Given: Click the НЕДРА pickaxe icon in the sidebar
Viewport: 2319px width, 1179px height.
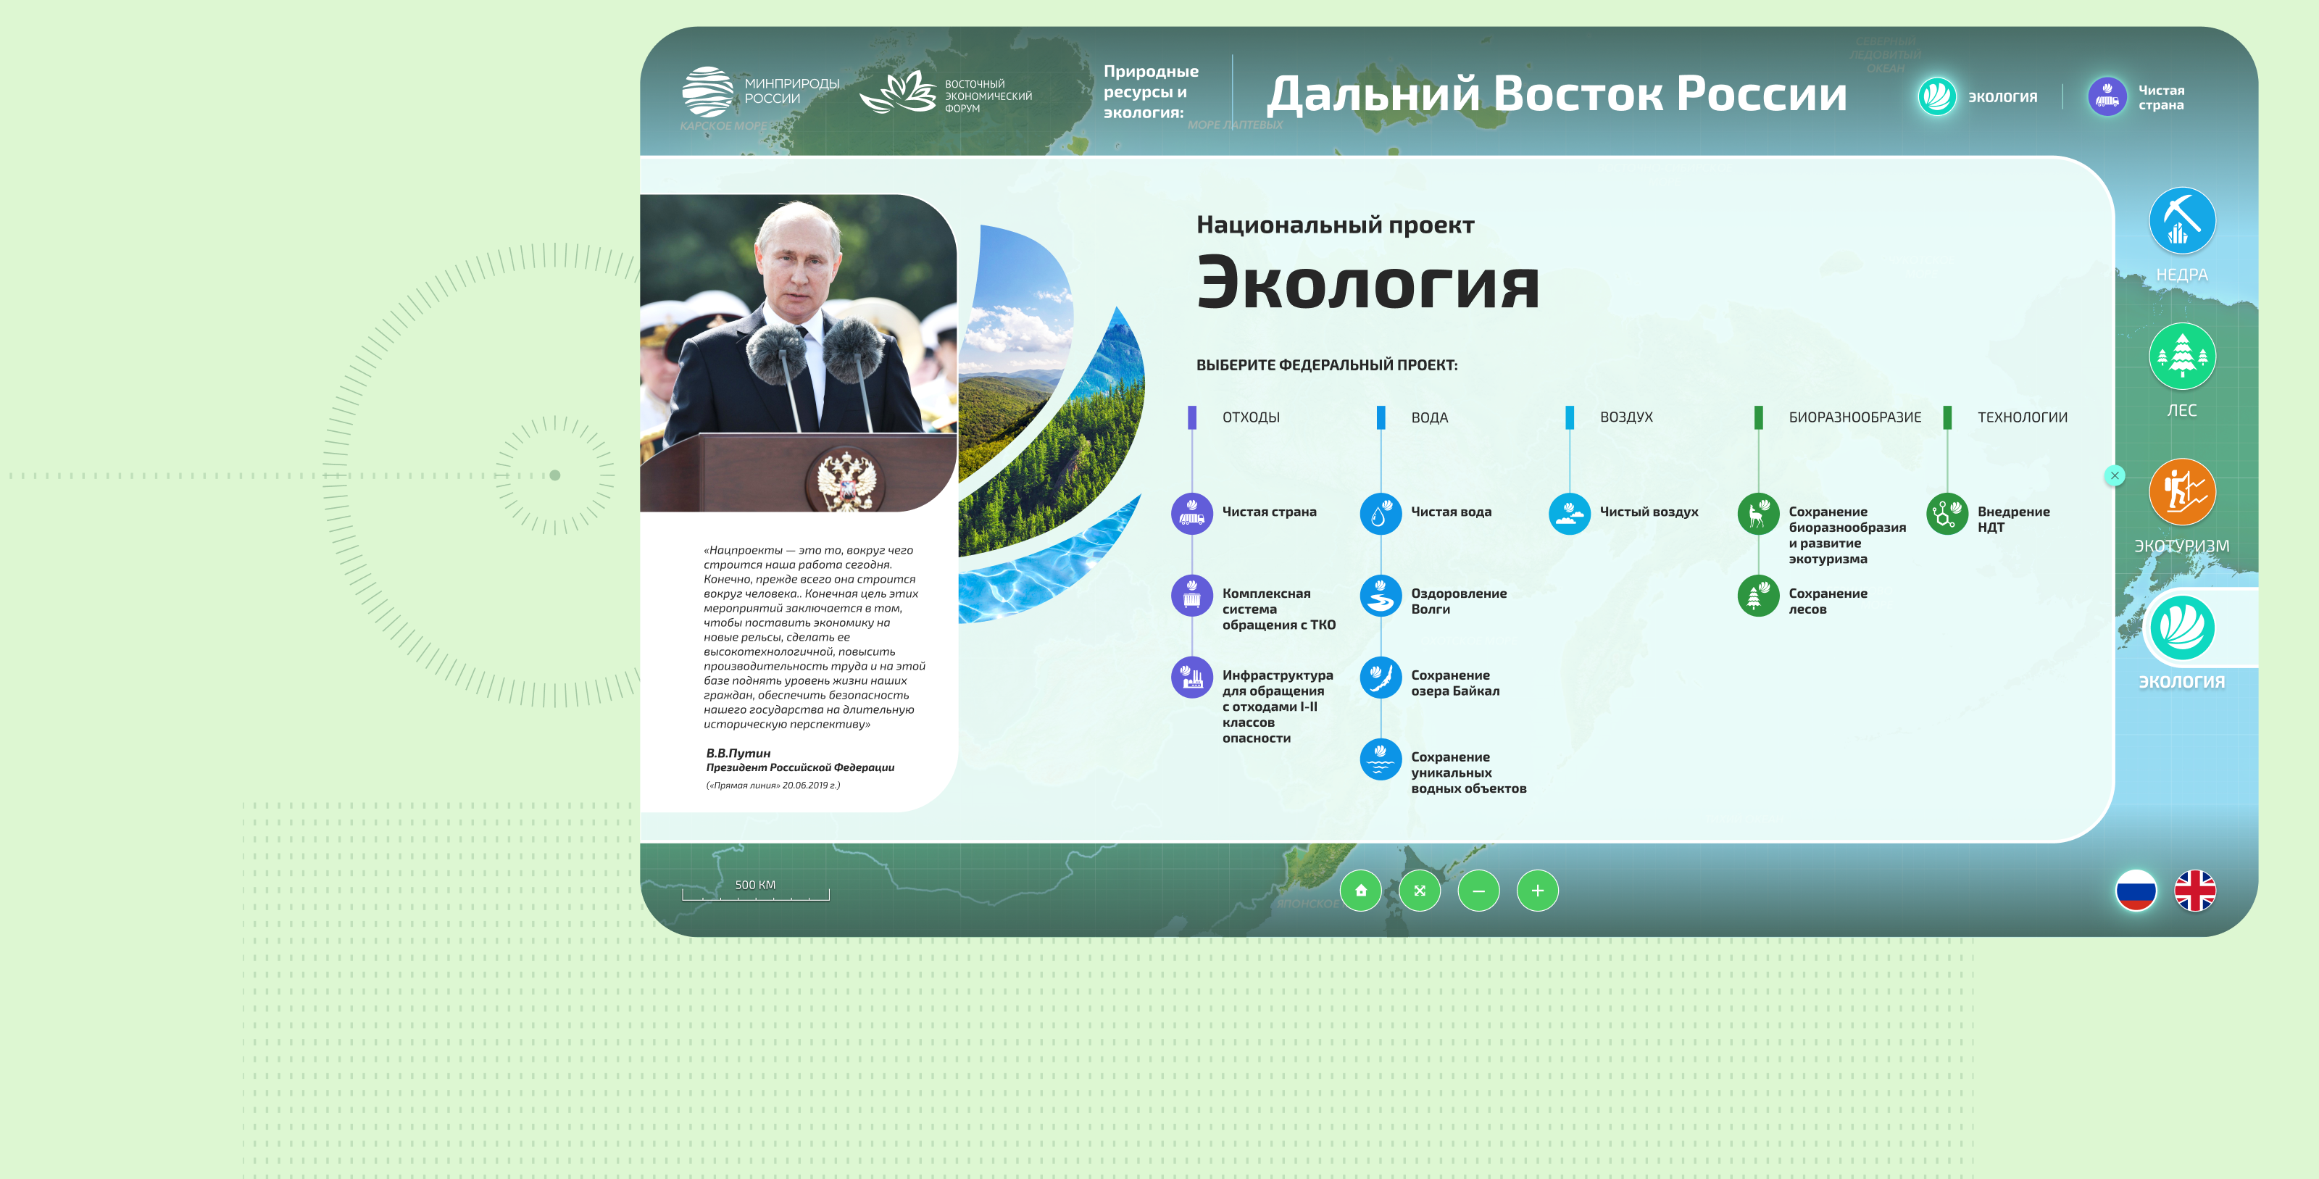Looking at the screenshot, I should [x=2181, y=220].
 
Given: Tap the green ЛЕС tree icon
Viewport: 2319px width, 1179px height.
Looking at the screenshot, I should [x=2181, y=357].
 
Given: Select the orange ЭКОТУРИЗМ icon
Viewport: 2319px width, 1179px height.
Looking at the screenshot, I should [x=2181, y=491].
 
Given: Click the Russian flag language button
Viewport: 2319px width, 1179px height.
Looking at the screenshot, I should [x=2136, y=891].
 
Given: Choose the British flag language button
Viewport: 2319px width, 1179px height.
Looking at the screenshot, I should [x=2195, y=891].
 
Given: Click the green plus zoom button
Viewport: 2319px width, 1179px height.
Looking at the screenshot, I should [x=1538, y=891].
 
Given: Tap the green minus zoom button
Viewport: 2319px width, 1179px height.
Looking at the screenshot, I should [x=1478, y=891].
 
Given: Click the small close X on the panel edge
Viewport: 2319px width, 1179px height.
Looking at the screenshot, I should [x=2115, y=475].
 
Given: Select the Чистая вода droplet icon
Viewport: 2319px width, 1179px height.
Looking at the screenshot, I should [x=1380, y=514].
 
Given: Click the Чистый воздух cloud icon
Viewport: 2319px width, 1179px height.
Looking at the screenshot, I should [x=1569, y=514].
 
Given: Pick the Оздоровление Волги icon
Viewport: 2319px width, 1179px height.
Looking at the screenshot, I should [x=1380, y=596].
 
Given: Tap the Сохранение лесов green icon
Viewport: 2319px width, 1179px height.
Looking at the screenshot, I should [x=1757, y=596].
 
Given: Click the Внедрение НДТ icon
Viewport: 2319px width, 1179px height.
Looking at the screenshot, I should [x=1947, y=514].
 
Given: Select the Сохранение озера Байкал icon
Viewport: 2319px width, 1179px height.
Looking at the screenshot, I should [x=1380, y=678].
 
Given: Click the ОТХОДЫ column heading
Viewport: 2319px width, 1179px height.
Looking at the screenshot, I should [x=1250, y=417].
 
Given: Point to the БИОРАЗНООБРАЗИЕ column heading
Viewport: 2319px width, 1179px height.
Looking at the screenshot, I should [x=1854, y=417].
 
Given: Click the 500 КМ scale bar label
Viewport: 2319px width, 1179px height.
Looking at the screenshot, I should [x=754, y=886].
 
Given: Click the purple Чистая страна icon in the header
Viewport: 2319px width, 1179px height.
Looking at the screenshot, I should [x=2107, y=97].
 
